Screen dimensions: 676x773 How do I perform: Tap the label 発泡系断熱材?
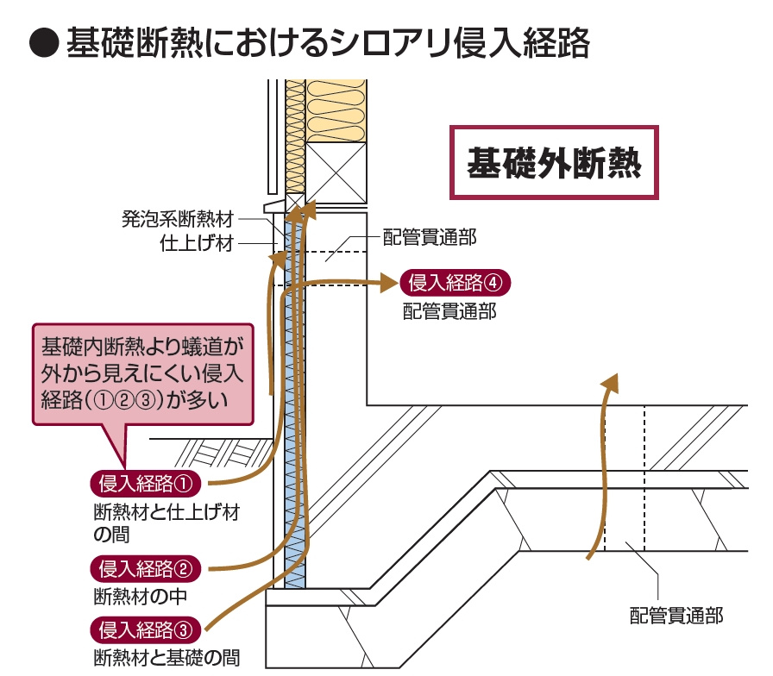(177, 219)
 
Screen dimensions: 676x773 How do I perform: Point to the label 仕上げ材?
(197, 243)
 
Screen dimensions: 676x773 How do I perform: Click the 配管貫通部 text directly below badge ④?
(449, 311)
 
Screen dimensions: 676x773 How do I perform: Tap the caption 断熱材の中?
(141, 595)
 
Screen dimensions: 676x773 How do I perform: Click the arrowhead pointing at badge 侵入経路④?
(386, 281)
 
